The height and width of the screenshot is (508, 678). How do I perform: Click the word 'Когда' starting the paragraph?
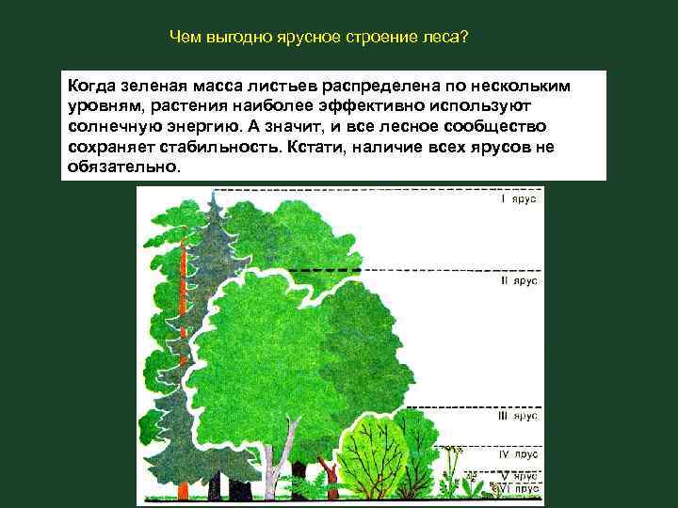[93, 86]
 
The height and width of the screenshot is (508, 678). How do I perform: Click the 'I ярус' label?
[519, 200]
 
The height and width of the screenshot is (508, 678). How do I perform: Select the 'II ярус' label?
[518, 280]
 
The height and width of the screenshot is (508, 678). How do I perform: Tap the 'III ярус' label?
[518, 415]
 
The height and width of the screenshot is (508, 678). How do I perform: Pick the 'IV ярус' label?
[518, 454]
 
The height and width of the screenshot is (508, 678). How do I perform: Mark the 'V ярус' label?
[519, 476]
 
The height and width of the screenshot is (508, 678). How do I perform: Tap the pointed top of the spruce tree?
[215, 198]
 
